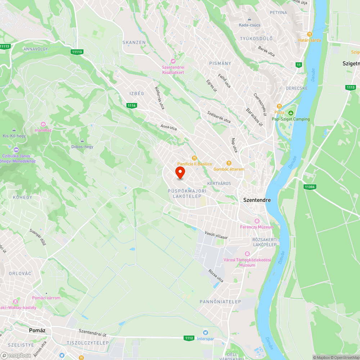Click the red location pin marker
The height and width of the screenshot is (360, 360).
180,172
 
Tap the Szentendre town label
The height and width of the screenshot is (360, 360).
257,200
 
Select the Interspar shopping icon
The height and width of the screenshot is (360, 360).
205,332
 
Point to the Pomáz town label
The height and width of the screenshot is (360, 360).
40,330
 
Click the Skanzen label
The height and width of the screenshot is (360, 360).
134,42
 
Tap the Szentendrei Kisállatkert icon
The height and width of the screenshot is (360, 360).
173,61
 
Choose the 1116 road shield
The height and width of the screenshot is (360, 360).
131,105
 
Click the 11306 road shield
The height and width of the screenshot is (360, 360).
310,186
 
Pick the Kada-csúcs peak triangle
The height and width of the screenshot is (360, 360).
249,19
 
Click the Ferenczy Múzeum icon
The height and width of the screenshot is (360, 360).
257,221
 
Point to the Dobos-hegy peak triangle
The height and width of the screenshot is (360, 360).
82,141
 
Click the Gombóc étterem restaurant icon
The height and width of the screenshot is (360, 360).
229,163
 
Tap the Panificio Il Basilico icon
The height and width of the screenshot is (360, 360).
194,158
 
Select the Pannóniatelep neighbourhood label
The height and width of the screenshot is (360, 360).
220,301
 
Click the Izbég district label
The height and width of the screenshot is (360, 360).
137,94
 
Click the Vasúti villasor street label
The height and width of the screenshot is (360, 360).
216,235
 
